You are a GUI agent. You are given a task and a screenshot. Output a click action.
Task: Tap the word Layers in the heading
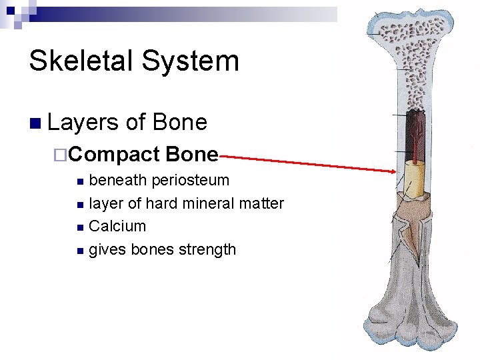[x=84, y=123]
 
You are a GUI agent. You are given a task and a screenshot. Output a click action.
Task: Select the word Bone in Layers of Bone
[x=180, y=123]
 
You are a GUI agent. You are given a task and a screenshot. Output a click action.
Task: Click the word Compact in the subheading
[x=113, y=155]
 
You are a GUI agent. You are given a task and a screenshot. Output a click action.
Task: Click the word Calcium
[x=117, y=226]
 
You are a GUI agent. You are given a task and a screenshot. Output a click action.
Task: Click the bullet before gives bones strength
[x=80, y=251]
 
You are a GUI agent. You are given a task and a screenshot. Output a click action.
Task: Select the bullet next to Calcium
[x=80, y=227]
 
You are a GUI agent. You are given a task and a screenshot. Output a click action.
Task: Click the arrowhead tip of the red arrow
[x=394, y=171]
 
